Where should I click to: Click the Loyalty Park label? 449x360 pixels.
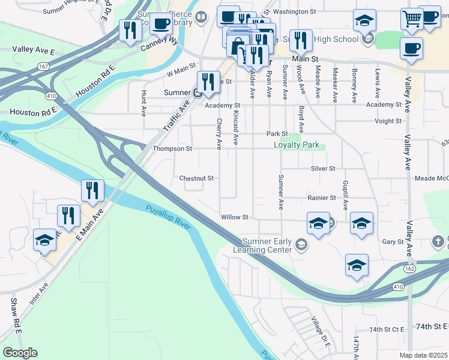(x=297, y=145)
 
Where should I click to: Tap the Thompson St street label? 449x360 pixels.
(x=172, y=149)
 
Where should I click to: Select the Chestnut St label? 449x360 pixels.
(x=196, y=178)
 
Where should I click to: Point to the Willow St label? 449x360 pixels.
(x=234, y=217)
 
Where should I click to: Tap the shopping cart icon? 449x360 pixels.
(x=411, y=19)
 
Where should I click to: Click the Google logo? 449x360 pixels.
(x=20, y=353)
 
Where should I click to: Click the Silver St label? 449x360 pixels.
(x=323, y=169)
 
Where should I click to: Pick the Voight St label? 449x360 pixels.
(x=388, y=121)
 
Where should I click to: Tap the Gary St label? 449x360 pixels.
(x=393, y=242)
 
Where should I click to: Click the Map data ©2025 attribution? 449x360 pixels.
(x=423, y=355)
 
